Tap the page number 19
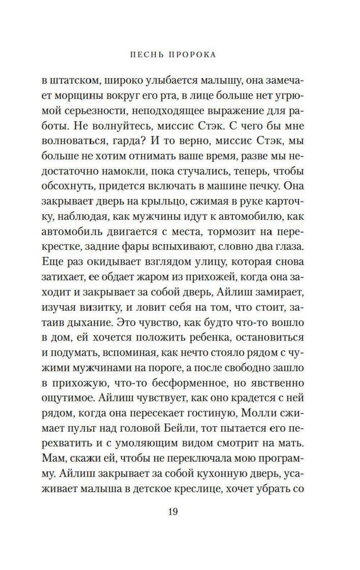click(173, 511)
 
